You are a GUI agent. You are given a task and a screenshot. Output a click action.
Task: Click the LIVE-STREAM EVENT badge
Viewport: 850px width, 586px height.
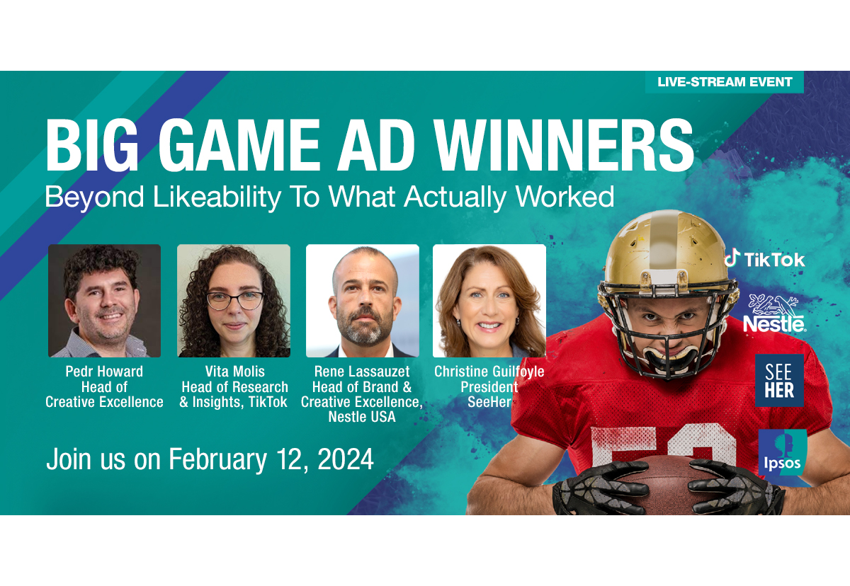coord(725,82)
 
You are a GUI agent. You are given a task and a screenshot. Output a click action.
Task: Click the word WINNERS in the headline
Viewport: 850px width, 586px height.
coord(565,145)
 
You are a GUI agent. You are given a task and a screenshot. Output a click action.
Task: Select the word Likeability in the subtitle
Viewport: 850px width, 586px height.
coord(217,197)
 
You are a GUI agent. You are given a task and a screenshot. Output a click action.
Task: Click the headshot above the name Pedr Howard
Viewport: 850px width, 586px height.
coord(104,301)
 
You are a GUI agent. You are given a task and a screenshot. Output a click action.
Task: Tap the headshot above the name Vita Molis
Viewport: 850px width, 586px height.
coord(234,301)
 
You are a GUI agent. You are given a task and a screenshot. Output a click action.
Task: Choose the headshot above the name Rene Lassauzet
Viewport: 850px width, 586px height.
coord(363,301)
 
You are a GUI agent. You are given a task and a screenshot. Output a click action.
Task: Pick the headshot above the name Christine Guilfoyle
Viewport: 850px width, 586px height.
coord(489,301)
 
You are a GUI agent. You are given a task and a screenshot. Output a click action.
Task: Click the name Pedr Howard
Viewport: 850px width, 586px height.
coord(104,372)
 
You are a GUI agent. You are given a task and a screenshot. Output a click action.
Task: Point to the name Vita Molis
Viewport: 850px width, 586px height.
coord(235,372)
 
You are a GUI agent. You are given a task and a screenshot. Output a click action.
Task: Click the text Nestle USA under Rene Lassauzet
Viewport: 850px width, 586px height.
coord(362,417)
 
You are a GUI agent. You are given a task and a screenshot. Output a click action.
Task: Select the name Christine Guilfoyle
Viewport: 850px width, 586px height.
coord(489,372)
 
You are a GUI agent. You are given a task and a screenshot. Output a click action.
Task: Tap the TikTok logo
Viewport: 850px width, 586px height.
coord(764,259)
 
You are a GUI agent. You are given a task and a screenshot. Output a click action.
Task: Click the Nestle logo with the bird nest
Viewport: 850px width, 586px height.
coord(774,314)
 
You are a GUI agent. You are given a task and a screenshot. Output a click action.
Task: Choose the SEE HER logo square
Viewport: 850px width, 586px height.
coord(779,381)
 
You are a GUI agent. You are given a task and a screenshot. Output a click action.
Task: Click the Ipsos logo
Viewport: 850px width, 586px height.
coord(783,452)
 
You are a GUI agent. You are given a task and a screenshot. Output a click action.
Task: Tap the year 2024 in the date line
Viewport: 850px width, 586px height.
coord(346,459)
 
